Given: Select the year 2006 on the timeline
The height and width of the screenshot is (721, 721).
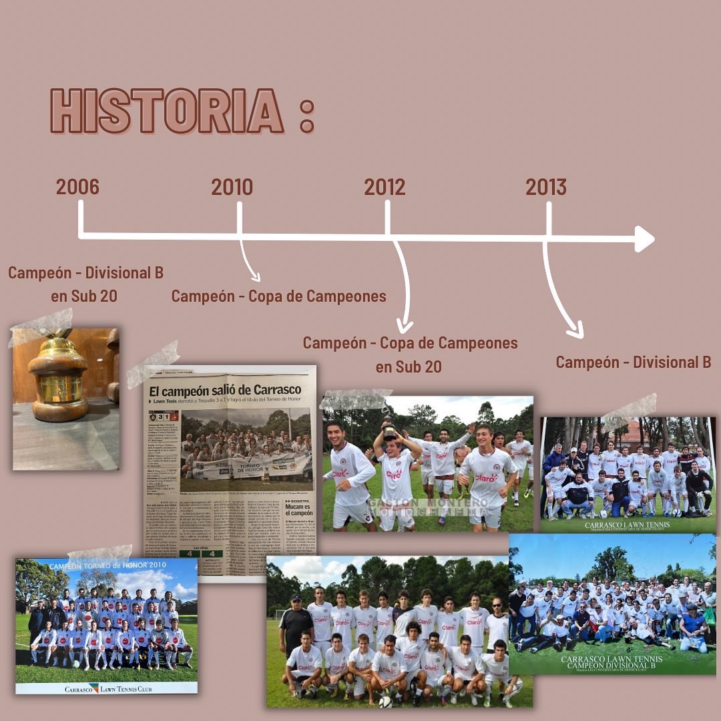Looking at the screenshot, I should click(x=77, y=187).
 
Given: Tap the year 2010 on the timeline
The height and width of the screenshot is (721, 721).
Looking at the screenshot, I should click(x=232, y=187).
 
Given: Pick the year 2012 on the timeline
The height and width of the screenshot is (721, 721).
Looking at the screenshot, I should click(x=385, y=187).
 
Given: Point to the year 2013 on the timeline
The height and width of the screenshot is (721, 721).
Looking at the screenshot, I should click(x=545, y=187).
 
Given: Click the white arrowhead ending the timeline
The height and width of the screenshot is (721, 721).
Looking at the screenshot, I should click(x=644, y=238).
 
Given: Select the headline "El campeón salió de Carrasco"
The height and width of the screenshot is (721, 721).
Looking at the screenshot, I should click(x=225, y=390).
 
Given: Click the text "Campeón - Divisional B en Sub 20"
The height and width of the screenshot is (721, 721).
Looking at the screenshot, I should click(x=85, y=284).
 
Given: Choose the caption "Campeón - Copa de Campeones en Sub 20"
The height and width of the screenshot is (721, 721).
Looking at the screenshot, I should click(x=410, y=354).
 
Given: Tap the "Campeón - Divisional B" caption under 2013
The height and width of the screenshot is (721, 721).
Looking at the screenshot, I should click(x=633, y=363).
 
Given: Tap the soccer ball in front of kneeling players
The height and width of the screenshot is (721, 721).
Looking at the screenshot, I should click(x=385, y=701).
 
